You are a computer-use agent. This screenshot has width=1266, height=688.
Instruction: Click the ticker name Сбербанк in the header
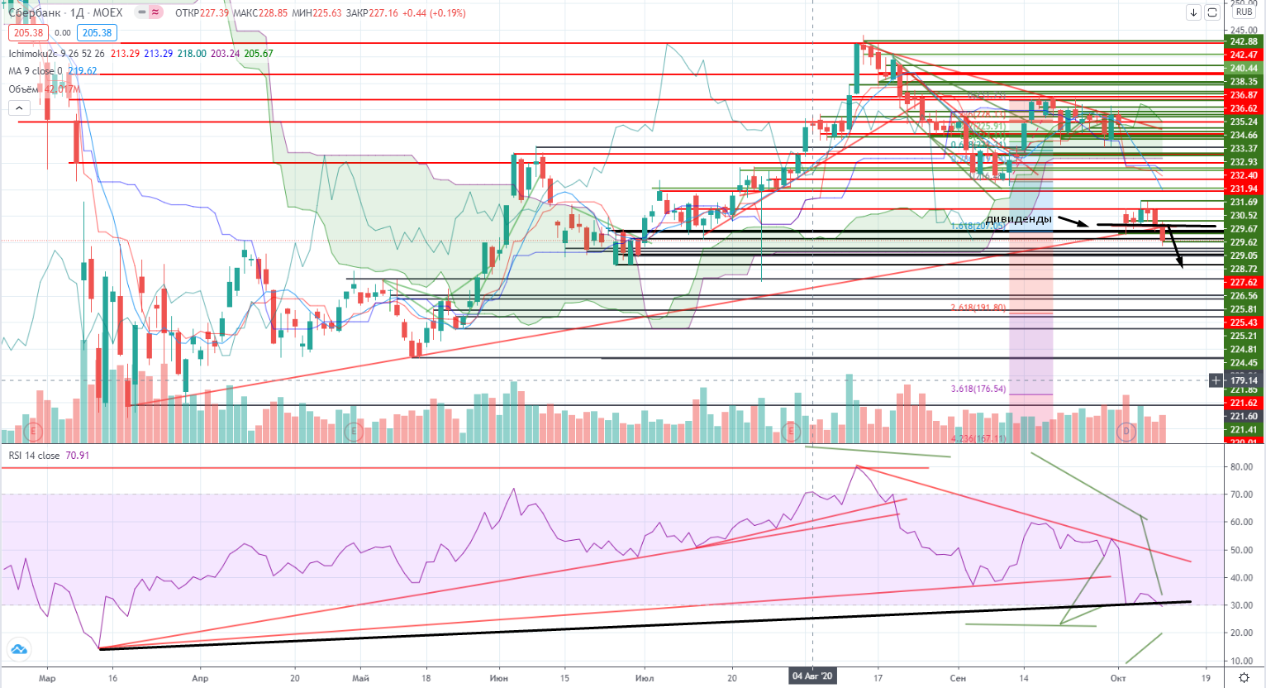click(35, 13)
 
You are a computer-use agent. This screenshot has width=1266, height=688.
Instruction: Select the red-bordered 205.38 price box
click(28, 33)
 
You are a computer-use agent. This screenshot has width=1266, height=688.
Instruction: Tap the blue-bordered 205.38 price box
click(97, 33)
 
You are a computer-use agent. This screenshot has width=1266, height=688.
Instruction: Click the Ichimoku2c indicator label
click(33, 54)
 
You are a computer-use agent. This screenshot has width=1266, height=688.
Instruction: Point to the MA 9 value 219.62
click(82, 71)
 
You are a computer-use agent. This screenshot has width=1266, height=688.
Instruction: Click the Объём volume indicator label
click(23, 89)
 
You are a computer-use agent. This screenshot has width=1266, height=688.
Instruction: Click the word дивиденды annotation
click(1019, 219)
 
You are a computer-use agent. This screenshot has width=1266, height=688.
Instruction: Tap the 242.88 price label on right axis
click(1244, 41)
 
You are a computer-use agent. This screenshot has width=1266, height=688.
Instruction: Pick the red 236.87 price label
click(1244, 95)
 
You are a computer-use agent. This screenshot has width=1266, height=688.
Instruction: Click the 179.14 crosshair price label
click(1244, 380)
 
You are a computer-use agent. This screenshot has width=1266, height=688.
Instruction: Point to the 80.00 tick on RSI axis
click(1241, 467)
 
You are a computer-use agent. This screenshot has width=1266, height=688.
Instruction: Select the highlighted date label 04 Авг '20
click(813, 676)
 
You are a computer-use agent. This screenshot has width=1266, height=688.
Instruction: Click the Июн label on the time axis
click(498, 678)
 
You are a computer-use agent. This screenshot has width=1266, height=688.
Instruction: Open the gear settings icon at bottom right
click(1244, 677)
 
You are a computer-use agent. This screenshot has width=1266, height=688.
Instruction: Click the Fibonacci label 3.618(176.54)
click(978, 389)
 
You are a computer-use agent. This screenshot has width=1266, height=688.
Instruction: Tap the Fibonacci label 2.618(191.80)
click(978, 308)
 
